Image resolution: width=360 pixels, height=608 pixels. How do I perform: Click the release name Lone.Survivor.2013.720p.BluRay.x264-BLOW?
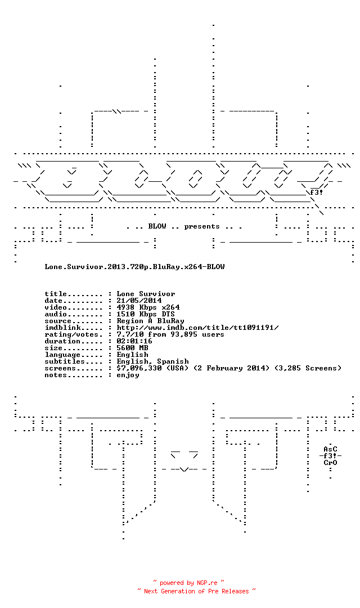(x=134, y=267)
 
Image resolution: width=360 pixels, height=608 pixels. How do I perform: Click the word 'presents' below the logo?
(x=202, y=226)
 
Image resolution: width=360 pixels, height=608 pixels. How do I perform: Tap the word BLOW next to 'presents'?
(x=157, y=226)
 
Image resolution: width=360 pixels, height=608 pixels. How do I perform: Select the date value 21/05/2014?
(x=139, y=301)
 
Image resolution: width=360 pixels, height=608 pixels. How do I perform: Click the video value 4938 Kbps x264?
(x=148, y=307)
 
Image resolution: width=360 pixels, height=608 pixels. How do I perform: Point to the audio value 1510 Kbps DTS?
(x=146, y=314)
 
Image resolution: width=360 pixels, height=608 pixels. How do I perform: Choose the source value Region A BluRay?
(x=150, y=321)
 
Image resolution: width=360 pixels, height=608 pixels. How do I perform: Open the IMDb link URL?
(x=197, y=328)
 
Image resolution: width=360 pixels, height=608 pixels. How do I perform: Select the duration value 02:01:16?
(x=134, y=341)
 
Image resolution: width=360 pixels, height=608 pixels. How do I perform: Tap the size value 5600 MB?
(x=133, y=348)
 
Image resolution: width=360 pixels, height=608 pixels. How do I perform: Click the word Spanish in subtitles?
(x=173, y=361)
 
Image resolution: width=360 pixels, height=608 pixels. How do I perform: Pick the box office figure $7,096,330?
(x=139, y=368)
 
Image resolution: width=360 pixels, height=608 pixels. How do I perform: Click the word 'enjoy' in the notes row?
(x=128, y=375)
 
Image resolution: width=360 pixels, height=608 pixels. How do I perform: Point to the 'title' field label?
(x=56, y=294)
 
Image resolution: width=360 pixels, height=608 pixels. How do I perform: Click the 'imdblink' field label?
(x=62, y=328)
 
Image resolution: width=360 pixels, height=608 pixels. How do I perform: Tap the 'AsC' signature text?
(x=331, y=449)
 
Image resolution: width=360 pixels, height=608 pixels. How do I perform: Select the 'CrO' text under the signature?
(x=331, y=463)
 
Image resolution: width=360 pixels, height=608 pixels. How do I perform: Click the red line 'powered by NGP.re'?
(x=189, y=583)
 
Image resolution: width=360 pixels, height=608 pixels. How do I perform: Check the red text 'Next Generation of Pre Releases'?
(x=196, y=591)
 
